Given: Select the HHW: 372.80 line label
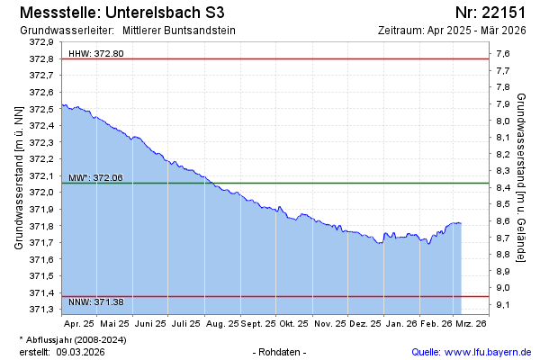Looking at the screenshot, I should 95,54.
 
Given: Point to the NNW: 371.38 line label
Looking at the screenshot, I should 95,301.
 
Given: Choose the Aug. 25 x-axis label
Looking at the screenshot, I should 222,322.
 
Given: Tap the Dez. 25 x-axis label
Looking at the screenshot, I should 364,322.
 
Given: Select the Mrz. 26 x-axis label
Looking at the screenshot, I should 471,322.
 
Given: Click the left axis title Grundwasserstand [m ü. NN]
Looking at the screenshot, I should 18,175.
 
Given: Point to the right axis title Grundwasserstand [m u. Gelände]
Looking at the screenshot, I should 522,175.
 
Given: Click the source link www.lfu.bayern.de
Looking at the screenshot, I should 483,351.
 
